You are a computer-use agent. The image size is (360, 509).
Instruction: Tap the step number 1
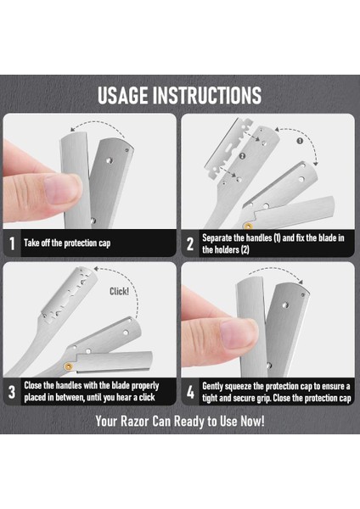click(12, 243)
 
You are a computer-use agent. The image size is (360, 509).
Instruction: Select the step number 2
click(190, 243)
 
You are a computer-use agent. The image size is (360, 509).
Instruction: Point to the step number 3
click(12, 392)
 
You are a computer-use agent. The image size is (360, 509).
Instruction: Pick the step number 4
click(190, 392)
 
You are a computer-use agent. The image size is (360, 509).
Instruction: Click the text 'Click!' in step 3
click(119, 291)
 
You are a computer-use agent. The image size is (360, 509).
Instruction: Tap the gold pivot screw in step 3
click(69, 366)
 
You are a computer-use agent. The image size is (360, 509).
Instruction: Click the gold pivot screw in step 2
click(248, 225)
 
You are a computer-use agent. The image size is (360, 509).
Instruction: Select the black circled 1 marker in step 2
click(300, 141)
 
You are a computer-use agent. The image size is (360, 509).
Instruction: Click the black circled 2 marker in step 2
click(242, 156)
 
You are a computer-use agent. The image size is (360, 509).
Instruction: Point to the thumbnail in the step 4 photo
click(239, 334)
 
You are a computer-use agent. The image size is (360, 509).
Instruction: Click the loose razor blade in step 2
click(228, 148)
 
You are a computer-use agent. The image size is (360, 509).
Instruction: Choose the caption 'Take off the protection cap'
click(67, 243)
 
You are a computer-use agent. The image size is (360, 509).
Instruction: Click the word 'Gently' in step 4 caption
click(212, 387)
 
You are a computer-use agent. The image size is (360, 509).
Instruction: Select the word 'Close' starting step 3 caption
click(33, 386)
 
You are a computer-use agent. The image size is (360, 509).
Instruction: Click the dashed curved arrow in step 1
click(99, 123)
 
